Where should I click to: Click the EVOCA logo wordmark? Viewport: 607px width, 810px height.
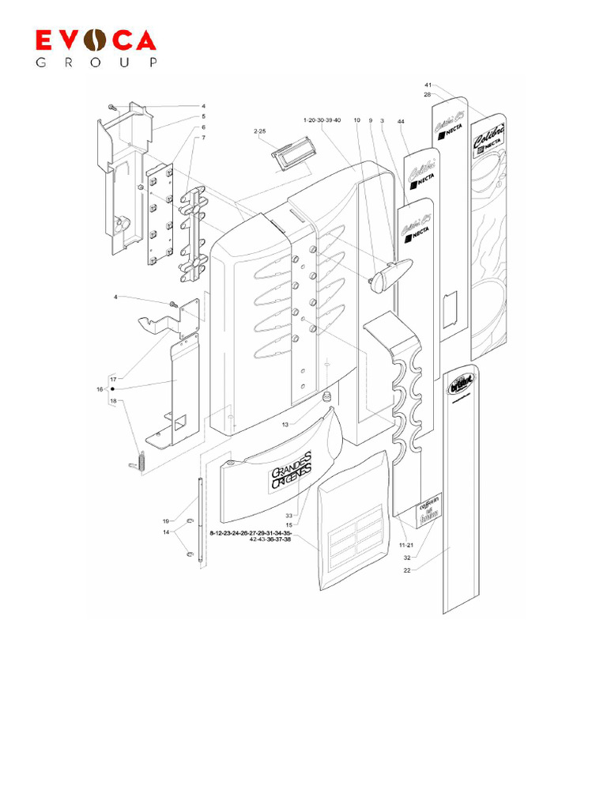tap(95, 41)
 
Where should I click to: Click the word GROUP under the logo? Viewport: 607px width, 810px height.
tap(95, 62)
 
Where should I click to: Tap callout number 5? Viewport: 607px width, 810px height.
tap(203, 116)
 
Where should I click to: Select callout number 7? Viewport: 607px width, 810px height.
tap(203, 138)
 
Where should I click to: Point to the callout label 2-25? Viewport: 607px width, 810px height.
tap(259, 131)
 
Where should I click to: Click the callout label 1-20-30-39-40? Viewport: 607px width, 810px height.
tap(322, 119)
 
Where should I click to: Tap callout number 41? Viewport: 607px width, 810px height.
tap(428, 85)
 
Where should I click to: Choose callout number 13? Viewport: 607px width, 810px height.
tap(285, 425)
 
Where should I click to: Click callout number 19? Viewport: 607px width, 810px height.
tap(167, 520)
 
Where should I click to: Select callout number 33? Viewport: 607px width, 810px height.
tap(289, 516)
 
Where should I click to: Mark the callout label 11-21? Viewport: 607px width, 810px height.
tap(406, 545)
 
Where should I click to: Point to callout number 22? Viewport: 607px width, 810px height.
tap(406, 569)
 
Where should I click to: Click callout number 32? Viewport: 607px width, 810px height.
tap(406, 557)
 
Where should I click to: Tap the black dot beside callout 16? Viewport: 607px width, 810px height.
tap(113, 389)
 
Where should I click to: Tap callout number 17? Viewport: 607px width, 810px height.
tap(113, 379)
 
